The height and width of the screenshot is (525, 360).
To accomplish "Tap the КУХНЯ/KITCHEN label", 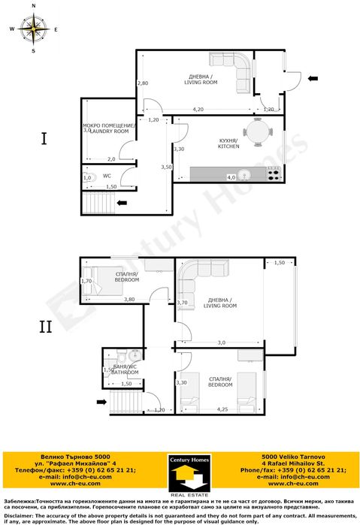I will coord(228,143).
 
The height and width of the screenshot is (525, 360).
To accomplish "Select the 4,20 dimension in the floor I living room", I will coord(198,110).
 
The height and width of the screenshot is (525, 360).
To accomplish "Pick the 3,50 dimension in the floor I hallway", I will coord(166,167).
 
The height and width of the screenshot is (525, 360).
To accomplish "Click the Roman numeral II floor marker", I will coord(45,327).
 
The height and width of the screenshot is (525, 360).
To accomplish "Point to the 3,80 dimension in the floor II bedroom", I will coord(129,300).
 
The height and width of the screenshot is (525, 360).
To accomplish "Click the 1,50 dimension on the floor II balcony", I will coord(280,263).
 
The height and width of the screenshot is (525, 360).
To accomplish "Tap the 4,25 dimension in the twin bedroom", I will coord(222,409).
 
